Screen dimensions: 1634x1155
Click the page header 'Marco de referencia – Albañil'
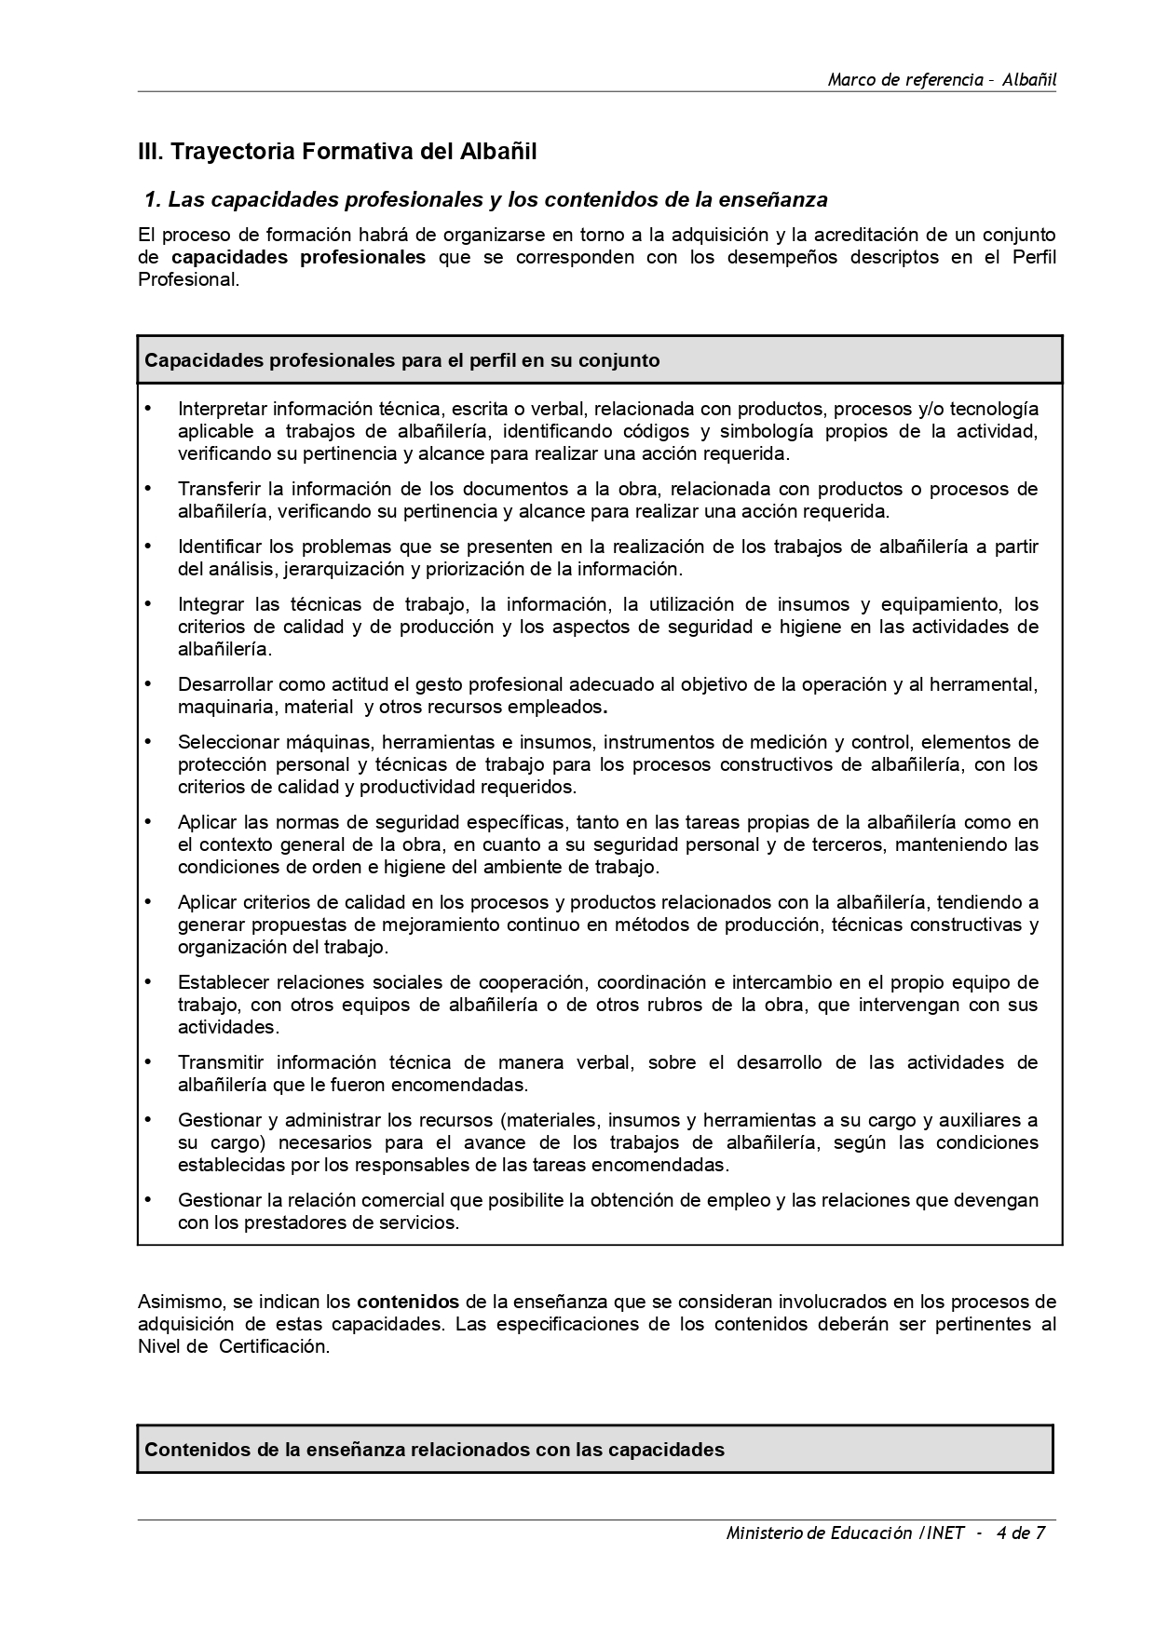pyautogui.click(x=942, y=79)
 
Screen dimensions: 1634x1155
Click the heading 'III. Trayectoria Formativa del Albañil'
pyautogui.click(x=337, y=151)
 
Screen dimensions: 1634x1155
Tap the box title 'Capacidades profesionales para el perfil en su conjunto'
pyautogui.click(x=402, y=360)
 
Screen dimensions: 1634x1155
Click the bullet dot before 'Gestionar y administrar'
pyautogui.click(x=147, y=1119)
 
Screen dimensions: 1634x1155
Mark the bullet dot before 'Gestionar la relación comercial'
pyautogui.click(x=147, y=1199)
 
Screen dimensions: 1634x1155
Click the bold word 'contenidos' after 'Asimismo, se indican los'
pyautogui.click(x=408, y=1301)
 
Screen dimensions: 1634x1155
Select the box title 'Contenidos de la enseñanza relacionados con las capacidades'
pyautogui.click(x=434, y=1450)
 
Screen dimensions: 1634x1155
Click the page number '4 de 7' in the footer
pyautogui.click(x=1020, y=1533)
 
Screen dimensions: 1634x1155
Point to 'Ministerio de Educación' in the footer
pyautogui.click(x=819, y=1533)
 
